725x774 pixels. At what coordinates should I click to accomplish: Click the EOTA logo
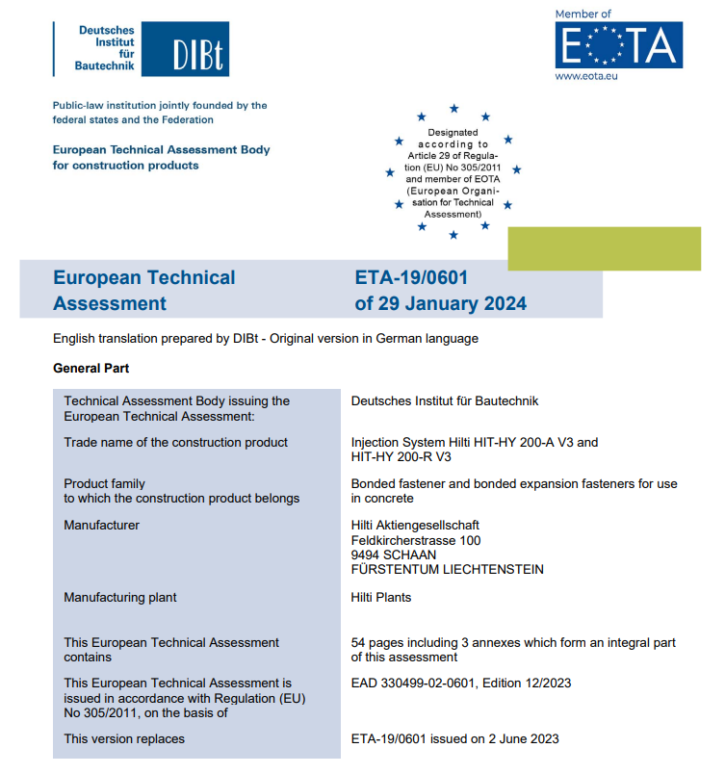[x=618, y=44]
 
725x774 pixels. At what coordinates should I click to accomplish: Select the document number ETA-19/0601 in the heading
[x=411, y=278]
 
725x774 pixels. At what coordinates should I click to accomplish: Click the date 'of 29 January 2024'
[x=440, y=303]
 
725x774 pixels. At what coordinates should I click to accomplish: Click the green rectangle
[x=604, y=248]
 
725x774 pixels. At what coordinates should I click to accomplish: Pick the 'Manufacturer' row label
[x=101, y=525]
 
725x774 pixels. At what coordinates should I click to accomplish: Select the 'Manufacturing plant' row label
[x=119, y=597]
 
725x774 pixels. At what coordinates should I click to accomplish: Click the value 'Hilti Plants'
[x=381, y=597]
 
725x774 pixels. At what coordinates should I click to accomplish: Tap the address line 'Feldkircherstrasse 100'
[x=416, y=540]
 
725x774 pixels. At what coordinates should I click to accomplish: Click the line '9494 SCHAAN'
[x=393, y=555]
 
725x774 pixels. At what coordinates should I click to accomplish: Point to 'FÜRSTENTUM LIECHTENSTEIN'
[x=447, y=569]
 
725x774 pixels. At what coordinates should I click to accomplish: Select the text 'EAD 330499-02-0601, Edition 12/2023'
[x=461, y=683]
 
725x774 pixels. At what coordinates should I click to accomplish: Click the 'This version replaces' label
[x=124, y=738]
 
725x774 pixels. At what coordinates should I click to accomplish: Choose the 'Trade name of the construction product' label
[x=175, y=442]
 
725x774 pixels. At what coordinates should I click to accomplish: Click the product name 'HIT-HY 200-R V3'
[x=401, y=456]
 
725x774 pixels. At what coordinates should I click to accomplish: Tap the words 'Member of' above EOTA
[x=583, y=13]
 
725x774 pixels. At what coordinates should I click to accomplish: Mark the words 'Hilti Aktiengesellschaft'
[x=415, y=525]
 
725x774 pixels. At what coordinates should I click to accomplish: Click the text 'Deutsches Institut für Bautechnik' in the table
[x=446, y=400]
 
